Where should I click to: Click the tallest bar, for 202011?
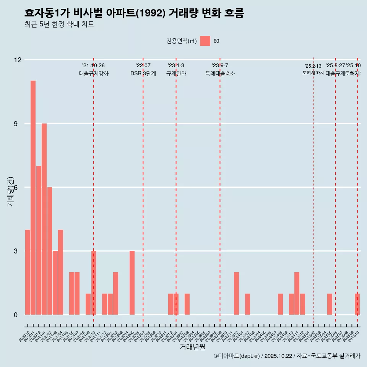(33, 198)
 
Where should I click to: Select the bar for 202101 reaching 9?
(44, 219)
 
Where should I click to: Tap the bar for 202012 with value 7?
(39, 240)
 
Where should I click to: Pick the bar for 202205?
(132, 283)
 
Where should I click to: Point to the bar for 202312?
(236, 294)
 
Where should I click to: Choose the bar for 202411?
(297, 294)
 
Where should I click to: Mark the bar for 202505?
(330, 304)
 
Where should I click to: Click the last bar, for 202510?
(357, 304)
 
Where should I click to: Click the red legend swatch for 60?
(205, 41)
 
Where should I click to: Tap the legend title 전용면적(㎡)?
(182, 41)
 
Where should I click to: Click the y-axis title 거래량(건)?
(11, 192)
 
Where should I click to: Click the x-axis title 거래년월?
(192, 347)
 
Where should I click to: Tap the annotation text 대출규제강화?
(94, 74)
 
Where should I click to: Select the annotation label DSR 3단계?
(143, 74)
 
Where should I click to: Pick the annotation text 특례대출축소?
(220, 74)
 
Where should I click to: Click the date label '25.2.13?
(313, 66)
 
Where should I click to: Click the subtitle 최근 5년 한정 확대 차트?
(59, 24)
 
